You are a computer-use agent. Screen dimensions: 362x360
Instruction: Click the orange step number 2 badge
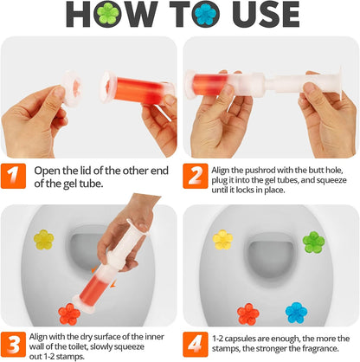point(196,175)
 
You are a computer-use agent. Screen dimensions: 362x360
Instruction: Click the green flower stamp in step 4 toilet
point(313,242)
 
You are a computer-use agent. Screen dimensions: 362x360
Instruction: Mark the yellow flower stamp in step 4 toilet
point(222,239)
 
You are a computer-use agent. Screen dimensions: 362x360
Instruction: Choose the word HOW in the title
point(78,16)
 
